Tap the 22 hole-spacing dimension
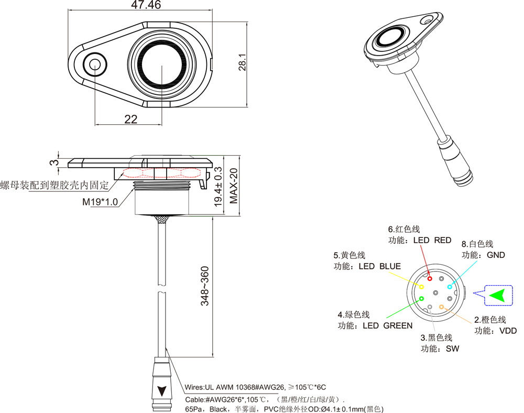click(131, 119)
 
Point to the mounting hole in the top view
click(95, 64)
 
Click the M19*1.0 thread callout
click(100, 202)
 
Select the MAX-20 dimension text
click(234, 187)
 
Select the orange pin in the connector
click(441, 307)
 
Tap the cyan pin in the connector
click(450, 287)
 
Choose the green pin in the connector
click(421, 299)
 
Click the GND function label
click(496, 255)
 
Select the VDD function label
click(508, 331)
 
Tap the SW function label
click(452, 349)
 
